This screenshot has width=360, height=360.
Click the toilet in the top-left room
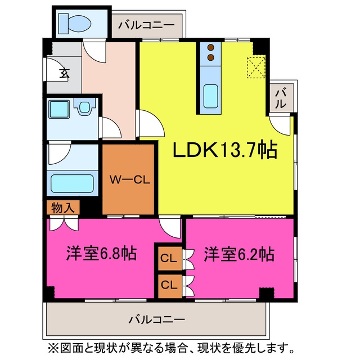75,23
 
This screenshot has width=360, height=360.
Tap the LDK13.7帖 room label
225,150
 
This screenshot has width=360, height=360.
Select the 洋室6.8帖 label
101,254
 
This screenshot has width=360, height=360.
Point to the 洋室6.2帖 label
239,254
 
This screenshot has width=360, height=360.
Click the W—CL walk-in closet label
130,180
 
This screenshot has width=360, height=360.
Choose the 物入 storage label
63,208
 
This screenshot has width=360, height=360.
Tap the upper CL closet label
169,258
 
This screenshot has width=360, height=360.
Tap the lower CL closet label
169,285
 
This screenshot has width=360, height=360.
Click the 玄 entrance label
65,73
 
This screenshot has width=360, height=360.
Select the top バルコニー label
146,25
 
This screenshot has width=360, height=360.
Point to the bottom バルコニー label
156,319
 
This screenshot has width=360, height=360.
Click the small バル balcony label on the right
281,99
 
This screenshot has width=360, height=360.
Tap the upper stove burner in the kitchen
211,48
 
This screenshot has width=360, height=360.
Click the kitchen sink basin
210,96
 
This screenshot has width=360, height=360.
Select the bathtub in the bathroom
72,184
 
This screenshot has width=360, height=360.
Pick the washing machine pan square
59,109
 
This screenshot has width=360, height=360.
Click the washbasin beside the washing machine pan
84,107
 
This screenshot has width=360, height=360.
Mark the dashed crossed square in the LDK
256,67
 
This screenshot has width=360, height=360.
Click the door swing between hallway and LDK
150,124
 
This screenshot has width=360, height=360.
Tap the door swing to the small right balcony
280,125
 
